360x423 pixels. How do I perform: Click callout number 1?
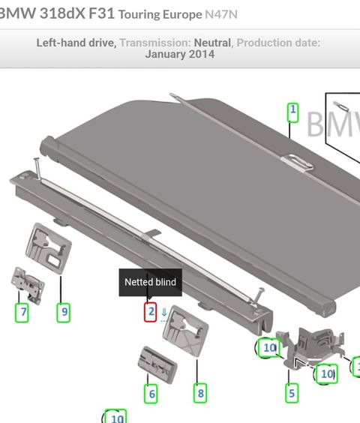[x=292, y=112]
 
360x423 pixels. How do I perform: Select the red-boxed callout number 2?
[x=150, y=312]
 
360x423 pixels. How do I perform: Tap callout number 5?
[x=292, y=393]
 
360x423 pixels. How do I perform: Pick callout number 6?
[x=151, y=394]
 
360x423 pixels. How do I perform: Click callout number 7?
[x=22, y=313]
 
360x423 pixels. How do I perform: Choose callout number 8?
[x=200, y=393]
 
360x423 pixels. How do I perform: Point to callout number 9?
[x=64, y=313]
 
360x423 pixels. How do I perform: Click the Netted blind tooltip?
[x=151, y=282]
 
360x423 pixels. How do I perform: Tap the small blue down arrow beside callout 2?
[x=163, y=313]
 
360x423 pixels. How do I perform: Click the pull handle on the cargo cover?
[x=297, y=163]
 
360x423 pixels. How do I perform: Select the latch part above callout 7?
[x=28, y=285]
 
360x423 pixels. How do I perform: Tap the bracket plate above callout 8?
[x=186, y=331]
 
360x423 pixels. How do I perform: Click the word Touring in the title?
[x=139, y=14]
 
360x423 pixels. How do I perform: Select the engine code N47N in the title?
[x=221, y=14]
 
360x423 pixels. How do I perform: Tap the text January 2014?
[x=180, y=54]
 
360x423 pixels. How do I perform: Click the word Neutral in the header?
[x=212, y=43]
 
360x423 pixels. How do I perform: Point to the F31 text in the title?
[x=102, y=13]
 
